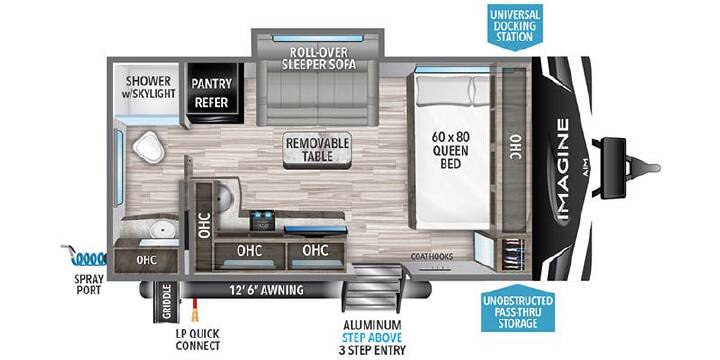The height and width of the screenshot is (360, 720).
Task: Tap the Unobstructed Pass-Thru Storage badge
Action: (x=518, y=312)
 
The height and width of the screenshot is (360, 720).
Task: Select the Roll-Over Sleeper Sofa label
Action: (x=319, y=58)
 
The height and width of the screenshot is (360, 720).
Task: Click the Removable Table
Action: (x=317, y=150)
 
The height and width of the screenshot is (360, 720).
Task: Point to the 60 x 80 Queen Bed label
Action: (x=450, y=150)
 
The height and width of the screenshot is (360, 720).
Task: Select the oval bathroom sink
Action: (x=160, y=227)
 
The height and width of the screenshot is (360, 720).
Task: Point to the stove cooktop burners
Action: (x=263, y=219)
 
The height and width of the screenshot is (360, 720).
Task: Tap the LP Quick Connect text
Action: (x=198, y=339)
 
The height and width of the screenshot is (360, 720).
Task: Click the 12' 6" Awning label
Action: (x=266, y=290)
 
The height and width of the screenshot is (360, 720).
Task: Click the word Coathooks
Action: (x=433, y=256)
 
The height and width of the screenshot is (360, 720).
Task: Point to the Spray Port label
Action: (x=90, y=285)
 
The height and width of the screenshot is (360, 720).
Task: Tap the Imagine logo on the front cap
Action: (x=563, y=169)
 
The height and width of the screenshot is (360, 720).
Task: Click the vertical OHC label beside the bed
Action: (x=515, y=147)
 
